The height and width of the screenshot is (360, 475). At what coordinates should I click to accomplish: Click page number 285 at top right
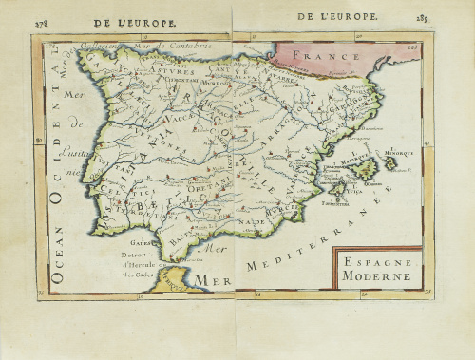420,17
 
